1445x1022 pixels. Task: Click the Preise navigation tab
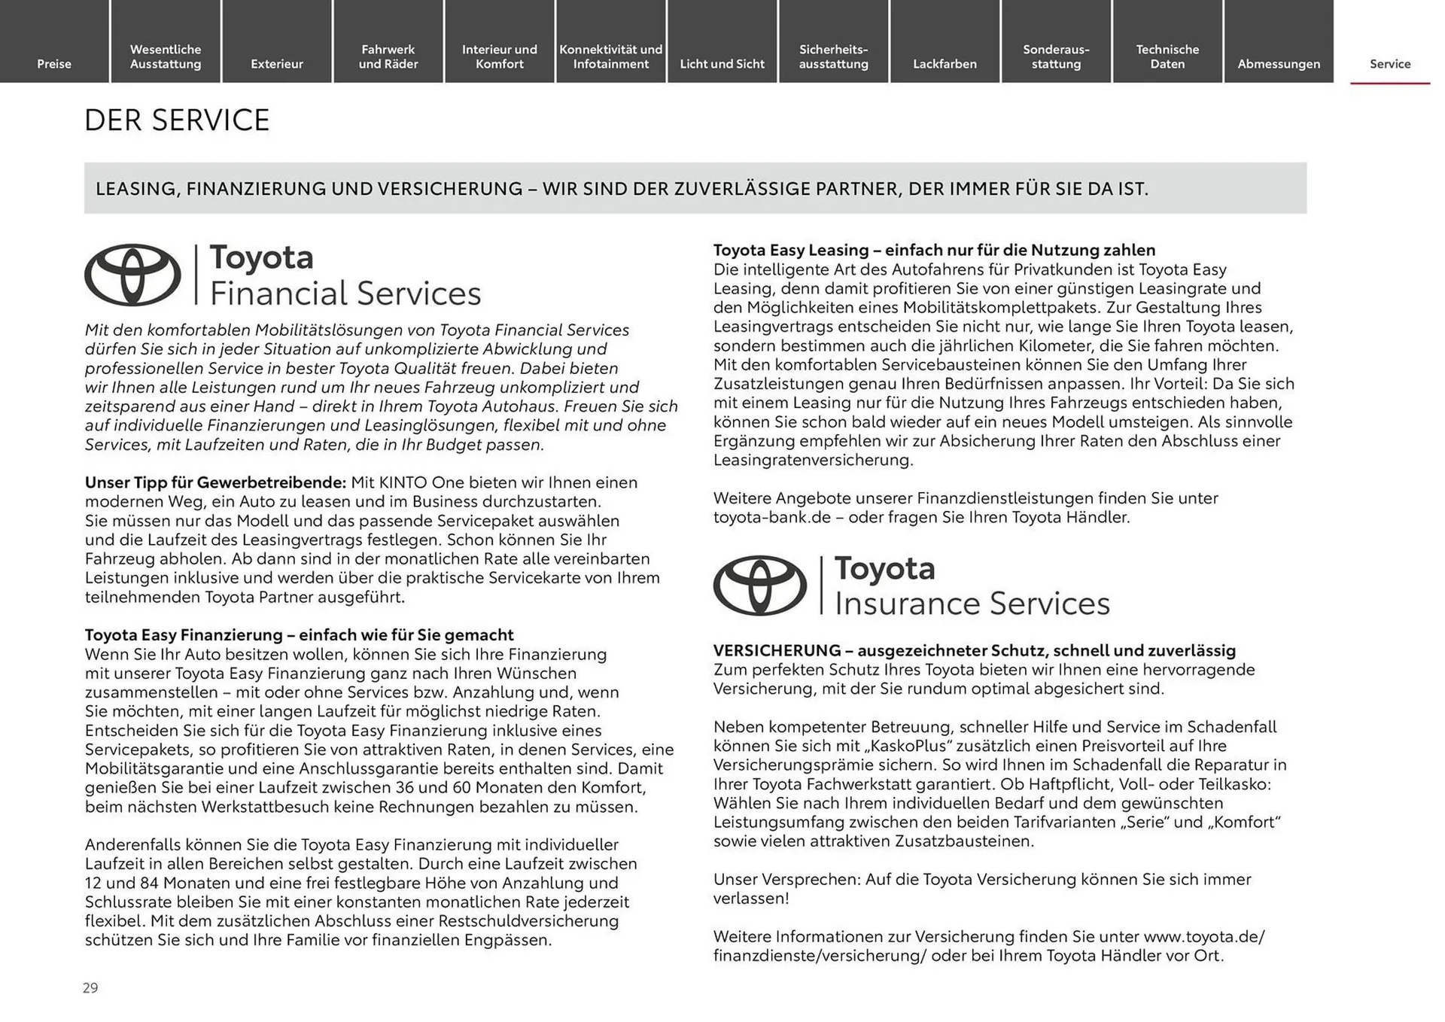pos(54,64)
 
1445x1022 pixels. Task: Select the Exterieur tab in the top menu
pos(276,64)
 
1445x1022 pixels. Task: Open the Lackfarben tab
pos(945,64)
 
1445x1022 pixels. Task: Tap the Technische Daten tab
pos(1167,56)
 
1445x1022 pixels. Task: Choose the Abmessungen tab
pos(1278,64)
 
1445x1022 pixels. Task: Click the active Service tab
pos(1389,64)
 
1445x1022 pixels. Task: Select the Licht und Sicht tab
pos(722,64)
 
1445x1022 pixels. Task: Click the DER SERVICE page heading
pos(176,120)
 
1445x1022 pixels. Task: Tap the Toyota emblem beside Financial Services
pos(132,275)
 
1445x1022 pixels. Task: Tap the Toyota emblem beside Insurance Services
pos(759,586)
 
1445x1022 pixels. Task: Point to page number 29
pos(90,988)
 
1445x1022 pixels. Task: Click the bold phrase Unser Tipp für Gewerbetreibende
pos(214,482)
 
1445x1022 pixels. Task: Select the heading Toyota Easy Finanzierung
pos(183,635)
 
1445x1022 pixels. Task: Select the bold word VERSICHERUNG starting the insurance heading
pos(777,650)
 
